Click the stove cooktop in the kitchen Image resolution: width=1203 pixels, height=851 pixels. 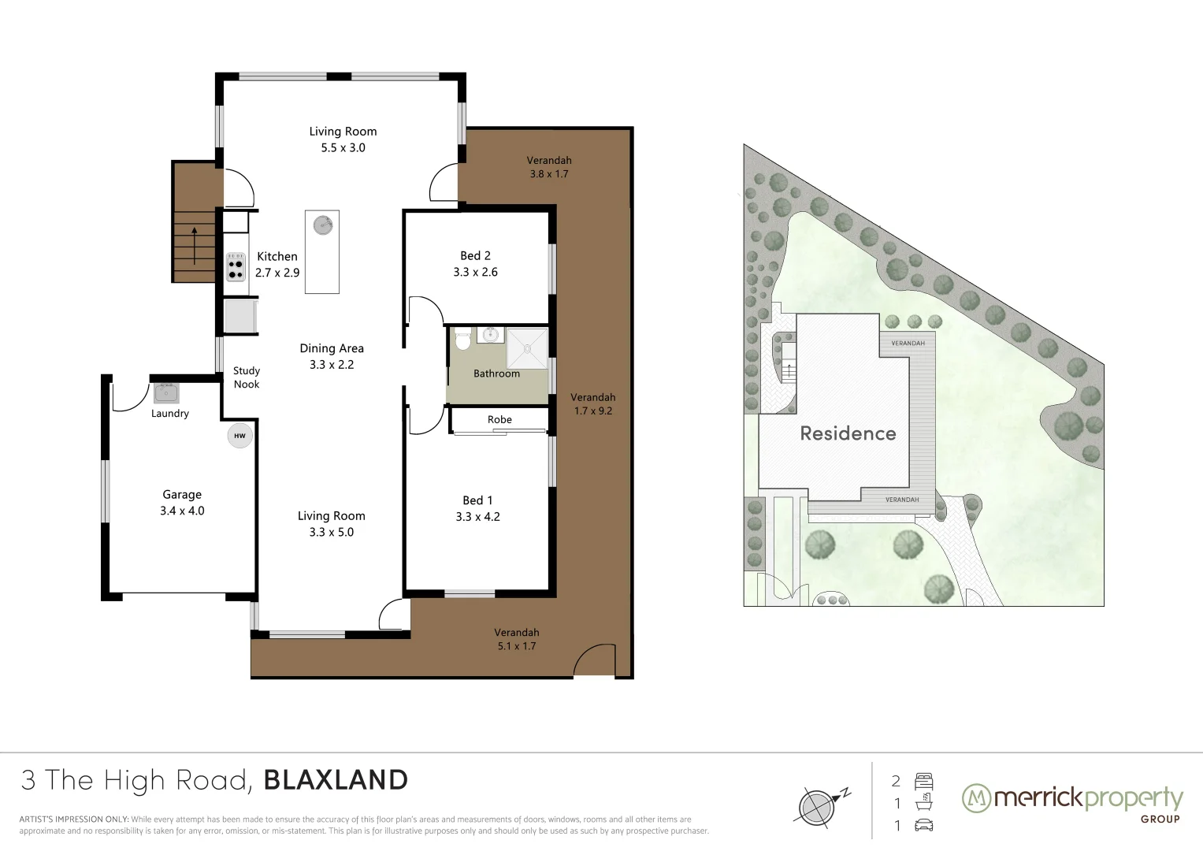pyautogui.click(x=236, y=267)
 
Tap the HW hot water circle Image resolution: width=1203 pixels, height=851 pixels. pyautogui.click(x=239, y=436)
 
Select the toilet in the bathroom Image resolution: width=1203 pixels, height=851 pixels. pyautogui.click(x=462, y=339)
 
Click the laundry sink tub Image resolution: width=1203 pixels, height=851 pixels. pyautogui.click(x=166, y=392)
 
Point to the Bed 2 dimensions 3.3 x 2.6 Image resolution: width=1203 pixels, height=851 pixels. pyautogui.click(x=475, y=272)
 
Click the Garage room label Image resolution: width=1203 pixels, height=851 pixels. pyautogui.click(x=182, y=494)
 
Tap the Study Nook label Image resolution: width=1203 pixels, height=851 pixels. pyautogui.click(x=247, y=377)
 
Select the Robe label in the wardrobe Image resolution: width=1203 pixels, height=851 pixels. pyautogui.click(x=499, y=419)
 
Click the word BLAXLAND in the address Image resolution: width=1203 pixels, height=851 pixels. pyautogui.click(x=336, y=780)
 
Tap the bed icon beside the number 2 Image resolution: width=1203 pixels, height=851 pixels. pyautogui.click(x=924, y=782)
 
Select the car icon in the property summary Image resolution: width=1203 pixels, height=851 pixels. pyautogui.click(x=924, y=825)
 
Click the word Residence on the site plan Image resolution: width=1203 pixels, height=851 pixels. pyautogui.click(x=848, y=433)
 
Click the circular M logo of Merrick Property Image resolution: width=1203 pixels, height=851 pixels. pyautogui.click(x=976, y=798)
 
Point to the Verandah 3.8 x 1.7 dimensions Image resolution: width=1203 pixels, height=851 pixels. pyautogui.click(x=549, y=174)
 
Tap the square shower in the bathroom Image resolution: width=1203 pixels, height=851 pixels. pyautogui.click(x=526, y=348)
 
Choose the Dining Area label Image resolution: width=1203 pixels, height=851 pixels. pyautogui.click(x=332, y=348)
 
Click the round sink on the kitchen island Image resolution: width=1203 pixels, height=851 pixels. pyautogui.click(x=322, y=225)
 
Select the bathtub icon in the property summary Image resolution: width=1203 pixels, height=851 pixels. pyautogui.click(x=924, y=803)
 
